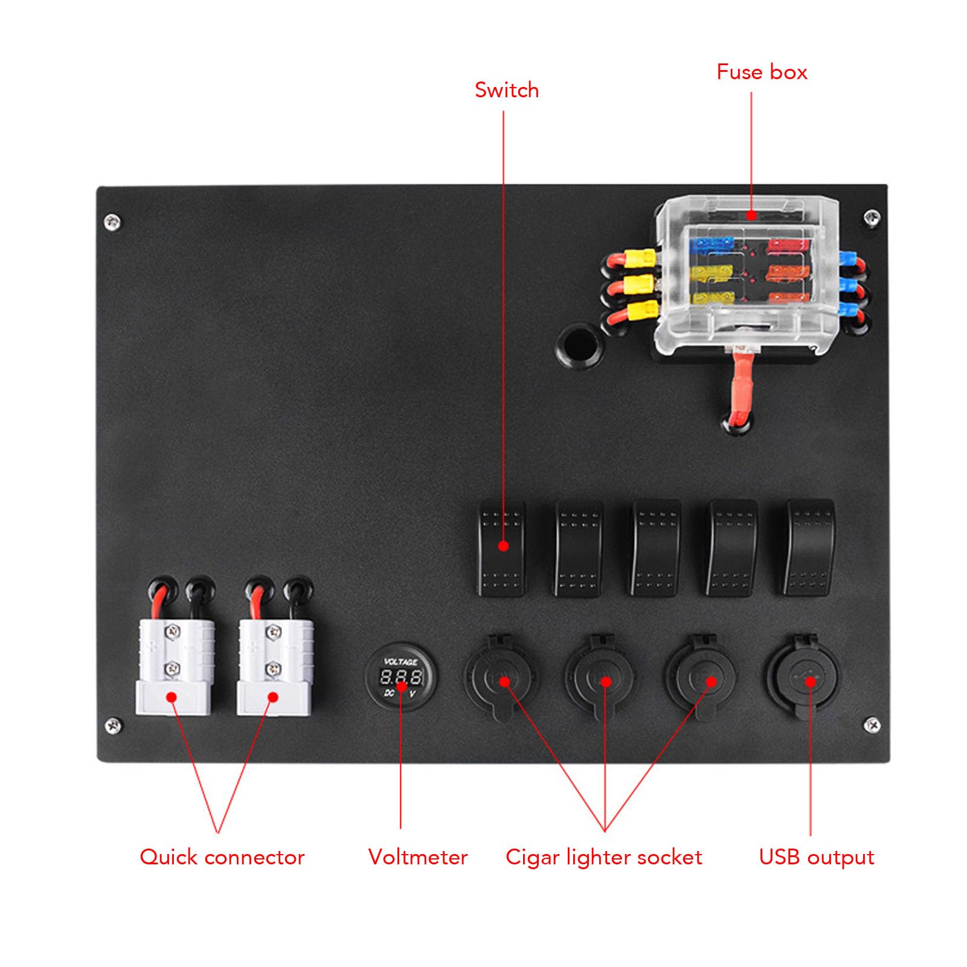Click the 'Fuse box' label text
[762, 72]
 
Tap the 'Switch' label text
[507, 90]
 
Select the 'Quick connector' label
[222, 857]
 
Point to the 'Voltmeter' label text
[418, 857]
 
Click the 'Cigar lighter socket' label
[604, 857]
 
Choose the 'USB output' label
[817, 857]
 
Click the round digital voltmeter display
[401, 677]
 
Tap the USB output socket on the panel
[803, 676]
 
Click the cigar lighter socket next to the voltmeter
[501, 677]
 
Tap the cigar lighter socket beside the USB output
[702, 676]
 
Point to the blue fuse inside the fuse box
[712, 245]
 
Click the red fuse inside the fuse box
[787, 246]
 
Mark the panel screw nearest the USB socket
[872, 724]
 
